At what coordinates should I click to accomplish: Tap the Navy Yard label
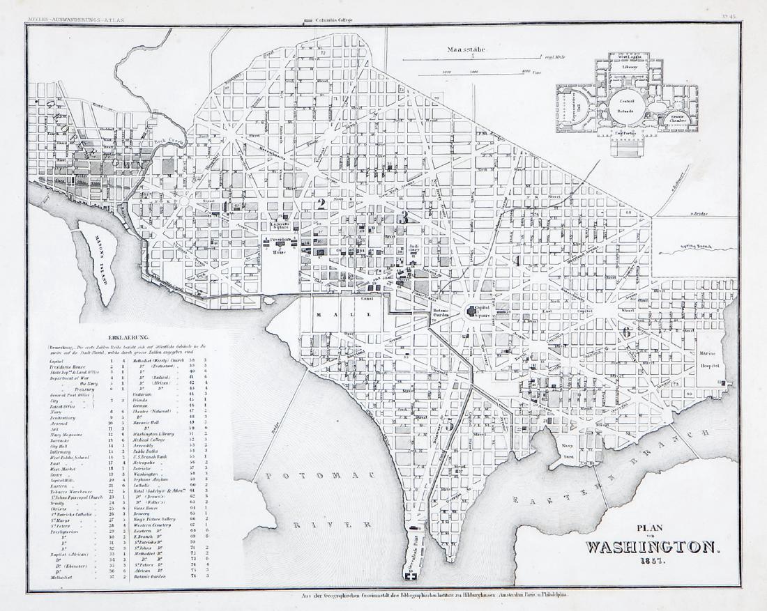(569, 451)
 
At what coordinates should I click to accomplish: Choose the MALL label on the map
(343, 314)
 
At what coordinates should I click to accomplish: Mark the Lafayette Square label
(280, 225)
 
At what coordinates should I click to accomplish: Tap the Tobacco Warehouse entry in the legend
(72, 491)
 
